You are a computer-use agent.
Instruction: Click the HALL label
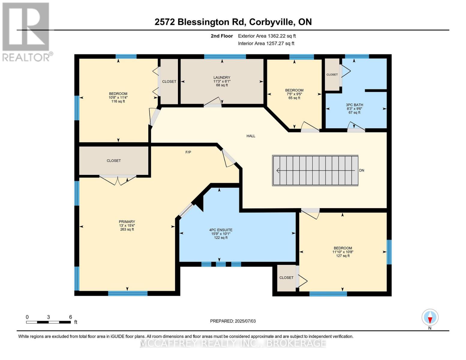(251, 136)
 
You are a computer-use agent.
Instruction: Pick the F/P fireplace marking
(188, 152)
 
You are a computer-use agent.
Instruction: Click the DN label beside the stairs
(362, 170)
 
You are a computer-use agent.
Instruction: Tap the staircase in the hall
(315, 170)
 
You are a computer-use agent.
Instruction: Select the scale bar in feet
(49, 322)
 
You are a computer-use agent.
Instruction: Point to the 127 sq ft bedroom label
(343, 252)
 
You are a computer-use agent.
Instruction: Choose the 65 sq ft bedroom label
(294, 94)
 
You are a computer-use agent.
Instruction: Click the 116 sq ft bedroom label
(118, 97)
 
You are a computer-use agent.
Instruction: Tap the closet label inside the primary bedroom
(114, 160)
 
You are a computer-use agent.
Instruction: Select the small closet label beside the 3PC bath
(332, 74)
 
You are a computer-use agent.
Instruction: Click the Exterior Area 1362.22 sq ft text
(267, 36)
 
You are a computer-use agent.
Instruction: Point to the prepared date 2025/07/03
(233, 321)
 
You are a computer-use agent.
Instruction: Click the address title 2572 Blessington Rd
(233, 22)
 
